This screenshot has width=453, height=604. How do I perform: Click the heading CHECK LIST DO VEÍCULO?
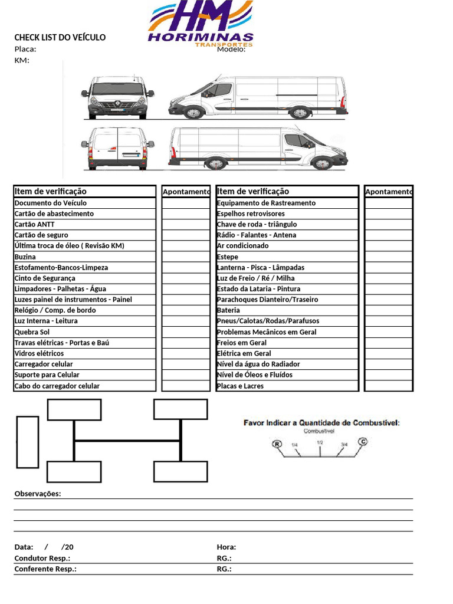coord(60,38)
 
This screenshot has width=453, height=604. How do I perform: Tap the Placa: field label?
coord(25,50)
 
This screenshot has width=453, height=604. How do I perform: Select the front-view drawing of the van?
coord(117,97)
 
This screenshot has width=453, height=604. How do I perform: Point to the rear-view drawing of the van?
coord(117,148)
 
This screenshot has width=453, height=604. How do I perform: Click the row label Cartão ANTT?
coord(34,224)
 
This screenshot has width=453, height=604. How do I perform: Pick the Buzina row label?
coord(25,257)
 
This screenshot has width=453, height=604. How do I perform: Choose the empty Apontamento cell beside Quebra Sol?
coord(186,332)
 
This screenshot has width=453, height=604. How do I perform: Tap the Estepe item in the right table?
coord(228,257)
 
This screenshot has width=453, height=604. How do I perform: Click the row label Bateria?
coord(228,310)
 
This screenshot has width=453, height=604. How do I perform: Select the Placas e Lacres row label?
coord(240,386)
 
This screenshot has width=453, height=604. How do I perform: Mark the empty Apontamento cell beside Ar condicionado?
coord(388,246)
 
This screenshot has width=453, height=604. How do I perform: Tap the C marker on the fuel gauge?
coord(363,441)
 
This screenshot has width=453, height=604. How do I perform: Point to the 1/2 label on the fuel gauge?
coord(320,442)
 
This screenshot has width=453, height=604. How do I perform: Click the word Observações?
coord(38,494)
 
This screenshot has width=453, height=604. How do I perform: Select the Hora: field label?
coord(226,547)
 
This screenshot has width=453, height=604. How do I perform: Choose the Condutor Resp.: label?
coord(42,558)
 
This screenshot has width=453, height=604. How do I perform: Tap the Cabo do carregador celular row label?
coord(57,386)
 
